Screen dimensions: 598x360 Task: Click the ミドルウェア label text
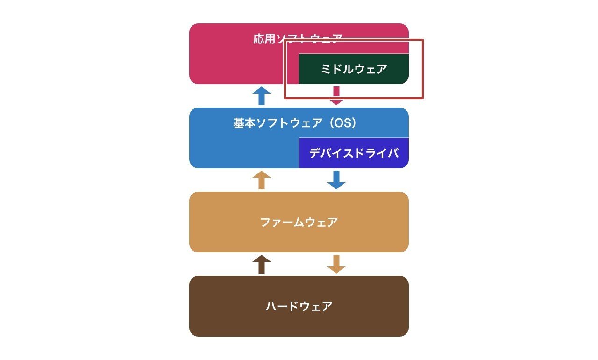[354, 69]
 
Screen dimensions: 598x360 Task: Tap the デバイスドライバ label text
[354, 153]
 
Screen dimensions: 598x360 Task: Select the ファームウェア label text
[299, 222]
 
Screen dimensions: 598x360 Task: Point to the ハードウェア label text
[299, 306]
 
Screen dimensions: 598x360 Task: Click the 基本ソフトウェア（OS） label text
[295, 123]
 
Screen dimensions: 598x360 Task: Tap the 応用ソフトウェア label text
[298, 39]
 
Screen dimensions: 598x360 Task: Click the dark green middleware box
[354, 69]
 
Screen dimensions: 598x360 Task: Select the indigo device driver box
[354, 153]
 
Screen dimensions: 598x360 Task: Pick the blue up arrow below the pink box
[262, 96]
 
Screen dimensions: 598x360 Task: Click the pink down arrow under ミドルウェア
[336, 96]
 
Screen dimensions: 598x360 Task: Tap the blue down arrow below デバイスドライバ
[336, 180]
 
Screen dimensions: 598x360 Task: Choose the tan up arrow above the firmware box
[262, 180]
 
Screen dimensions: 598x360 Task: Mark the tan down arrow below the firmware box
[336, 264]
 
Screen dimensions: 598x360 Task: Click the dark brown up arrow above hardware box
[262, 264]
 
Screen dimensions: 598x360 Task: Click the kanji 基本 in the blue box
[244, 123]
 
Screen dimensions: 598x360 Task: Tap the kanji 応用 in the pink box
[264, 39]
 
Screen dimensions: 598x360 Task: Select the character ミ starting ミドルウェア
[326, 69]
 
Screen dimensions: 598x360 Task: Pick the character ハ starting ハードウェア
[271, 307]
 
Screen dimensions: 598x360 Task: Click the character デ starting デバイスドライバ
[314, 153]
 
